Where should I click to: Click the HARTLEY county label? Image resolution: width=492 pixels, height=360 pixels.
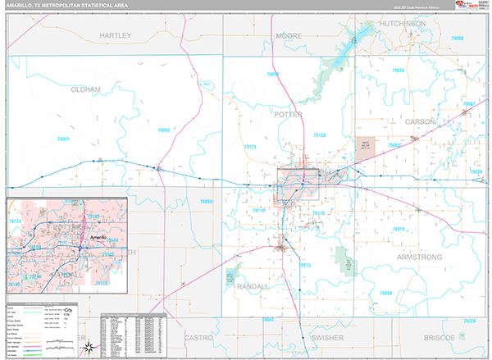[115, 37]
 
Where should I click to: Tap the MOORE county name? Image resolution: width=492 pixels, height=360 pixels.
[289, 37]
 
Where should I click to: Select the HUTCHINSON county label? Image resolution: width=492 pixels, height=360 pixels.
[403, 25]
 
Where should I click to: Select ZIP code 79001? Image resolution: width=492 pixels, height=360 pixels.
[38, 139]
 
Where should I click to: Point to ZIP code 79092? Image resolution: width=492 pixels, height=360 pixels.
[165, 130]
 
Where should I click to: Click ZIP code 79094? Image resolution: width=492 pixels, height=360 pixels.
[385, 293]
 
